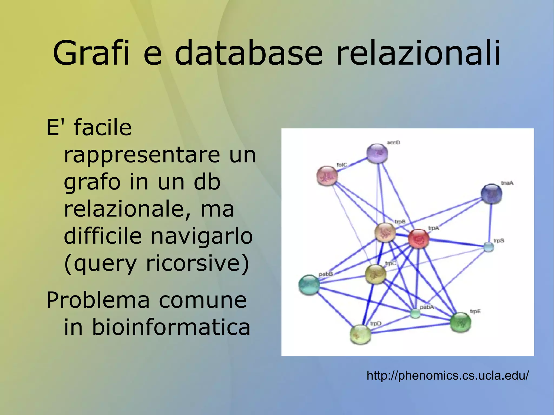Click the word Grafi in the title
click(x=91, y=53)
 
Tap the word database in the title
click(x=249, y=53)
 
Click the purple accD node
click(x=377, y=153)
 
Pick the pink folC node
click(x=327, y=176)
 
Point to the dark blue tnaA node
click(x=491, y=194)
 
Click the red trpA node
click(x=418, y=238)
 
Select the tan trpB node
click(x=385, y=232)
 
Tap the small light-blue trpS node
click(x=488, y=247)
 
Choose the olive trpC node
click(x=375, y=274)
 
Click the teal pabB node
click(x=309, y=285)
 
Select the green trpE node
click(x=460, y=322)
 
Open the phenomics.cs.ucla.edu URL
click(x=447, y=376)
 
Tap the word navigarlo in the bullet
click(x=202, y=236)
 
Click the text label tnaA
click(x=507, y=183)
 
